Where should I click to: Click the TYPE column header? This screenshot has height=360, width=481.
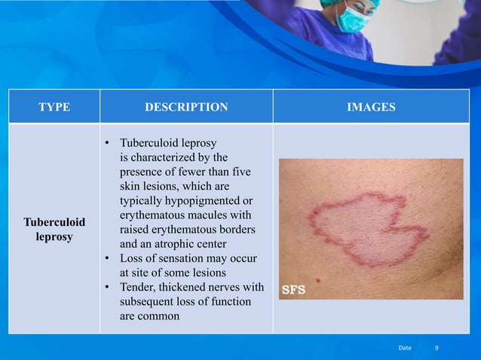coord(54,108)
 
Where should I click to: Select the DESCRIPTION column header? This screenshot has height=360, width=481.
coord(186,108)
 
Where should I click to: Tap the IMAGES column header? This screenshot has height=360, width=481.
coord(371,108)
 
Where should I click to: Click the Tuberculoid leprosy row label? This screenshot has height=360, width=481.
coord(54,230)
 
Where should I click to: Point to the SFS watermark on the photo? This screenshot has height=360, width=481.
coord(293,289)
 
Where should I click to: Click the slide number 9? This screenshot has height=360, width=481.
coord(437,348)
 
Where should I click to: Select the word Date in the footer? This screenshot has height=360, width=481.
coord(405,348)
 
